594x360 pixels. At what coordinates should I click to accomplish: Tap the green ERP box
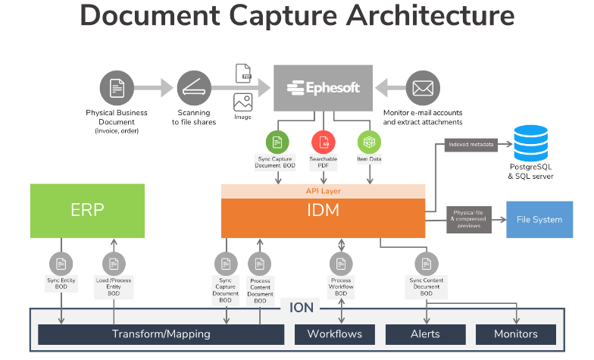(x=86, y=210)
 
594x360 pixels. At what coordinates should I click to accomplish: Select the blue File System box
(x=539, y=220)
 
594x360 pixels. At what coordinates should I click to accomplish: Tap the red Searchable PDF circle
(x=324, y=142)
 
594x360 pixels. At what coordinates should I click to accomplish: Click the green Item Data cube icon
(x=369, y=142)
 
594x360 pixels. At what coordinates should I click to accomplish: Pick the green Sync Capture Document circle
(x=277, y=142)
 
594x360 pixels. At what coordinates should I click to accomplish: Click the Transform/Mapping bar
(x=161, y=334)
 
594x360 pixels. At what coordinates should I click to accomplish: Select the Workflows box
(x=334, y=334)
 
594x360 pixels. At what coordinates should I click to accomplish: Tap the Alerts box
(x=425, y=334)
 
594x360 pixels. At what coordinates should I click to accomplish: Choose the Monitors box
(x=515, y=334)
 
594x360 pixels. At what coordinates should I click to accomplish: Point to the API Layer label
(x=323, y=191)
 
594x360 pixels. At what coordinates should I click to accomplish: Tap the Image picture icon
(x=242, y=103)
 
